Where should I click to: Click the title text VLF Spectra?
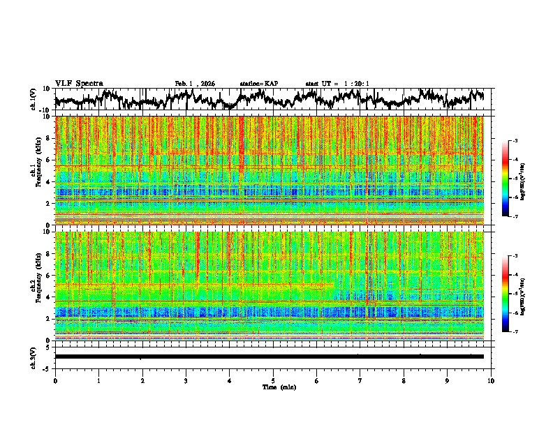pos(79,83)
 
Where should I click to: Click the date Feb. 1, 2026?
pos(195,84)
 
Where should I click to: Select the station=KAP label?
pos(258,84)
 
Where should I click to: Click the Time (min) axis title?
pos(273,387)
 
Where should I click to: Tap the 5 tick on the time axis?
pos(273,380)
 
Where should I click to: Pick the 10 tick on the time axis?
pos(491,380)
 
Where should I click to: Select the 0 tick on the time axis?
pos(55,380)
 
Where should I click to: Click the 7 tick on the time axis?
pos(360,380)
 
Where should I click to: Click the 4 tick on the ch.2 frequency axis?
pos(50,297)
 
